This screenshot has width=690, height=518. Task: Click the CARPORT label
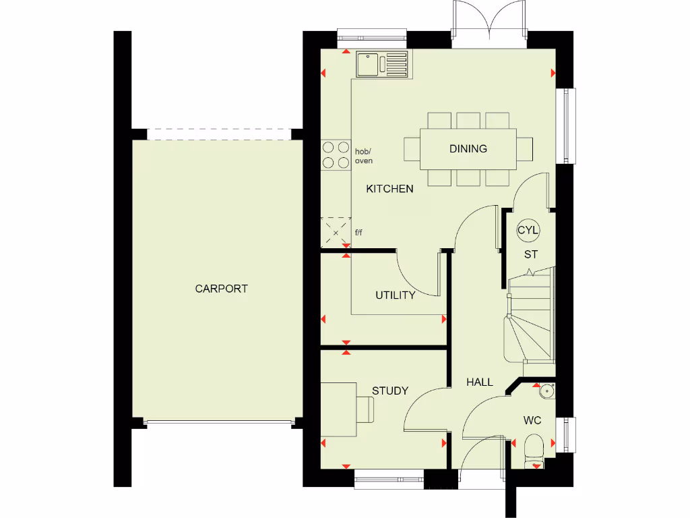(x=221, y=289)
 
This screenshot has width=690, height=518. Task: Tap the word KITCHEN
(x=389, y=189)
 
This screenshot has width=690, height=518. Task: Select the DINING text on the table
(x=468, y=148)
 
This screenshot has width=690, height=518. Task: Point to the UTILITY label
(x=395, y=295)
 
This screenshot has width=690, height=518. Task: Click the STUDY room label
(x=390, y=391)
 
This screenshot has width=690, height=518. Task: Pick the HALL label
(x=480, y=382)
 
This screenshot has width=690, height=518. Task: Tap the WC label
(x=532, y=420)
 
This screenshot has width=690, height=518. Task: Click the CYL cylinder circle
(x=528, y=230)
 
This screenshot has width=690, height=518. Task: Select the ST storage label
(x=531, y=254)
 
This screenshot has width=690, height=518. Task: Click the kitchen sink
(x=383, y=65)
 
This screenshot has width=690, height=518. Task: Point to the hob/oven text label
(x=363, y=156)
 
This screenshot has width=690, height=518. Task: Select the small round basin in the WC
(x=546, y=390)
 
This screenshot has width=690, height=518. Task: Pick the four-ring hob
(x=332, y=154)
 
